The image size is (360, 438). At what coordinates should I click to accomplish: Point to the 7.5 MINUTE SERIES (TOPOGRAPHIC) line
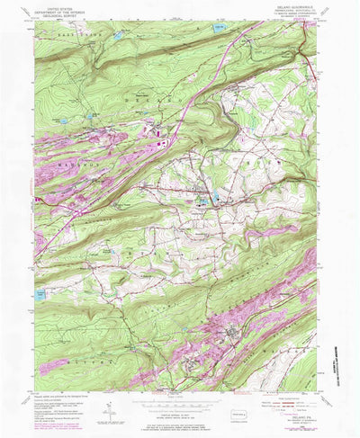[x=298, y=21]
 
